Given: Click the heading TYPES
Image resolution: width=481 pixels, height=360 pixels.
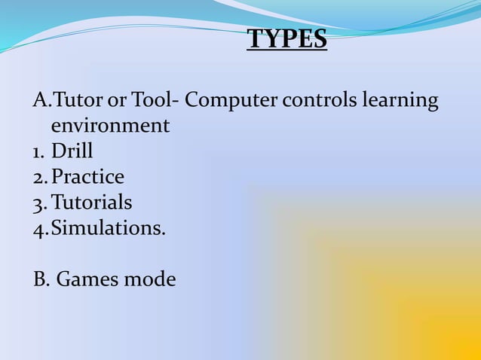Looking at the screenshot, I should [287, 39].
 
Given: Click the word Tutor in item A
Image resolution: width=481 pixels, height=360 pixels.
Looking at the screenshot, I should [78, 99].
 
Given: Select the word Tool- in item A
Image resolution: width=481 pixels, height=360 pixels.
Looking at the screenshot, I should [154, 99].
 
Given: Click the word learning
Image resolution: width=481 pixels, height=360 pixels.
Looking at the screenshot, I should [400, 101].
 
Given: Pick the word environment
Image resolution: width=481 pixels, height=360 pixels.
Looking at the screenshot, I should [110, 125].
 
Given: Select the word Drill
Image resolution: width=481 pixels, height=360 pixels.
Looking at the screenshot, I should [72, 151].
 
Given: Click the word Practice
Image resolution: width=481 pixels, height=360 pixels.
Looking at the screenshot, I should [87, 177].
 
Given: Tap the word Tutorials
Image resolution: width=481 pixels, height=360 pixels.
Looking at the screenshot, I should [91, 203].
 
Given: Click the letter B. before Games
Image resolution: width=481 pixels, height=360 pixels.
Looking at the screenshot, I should [41, 279].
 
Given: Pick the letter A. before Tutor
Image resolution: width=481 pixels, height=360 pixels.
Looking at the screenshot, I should [41, 99].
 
